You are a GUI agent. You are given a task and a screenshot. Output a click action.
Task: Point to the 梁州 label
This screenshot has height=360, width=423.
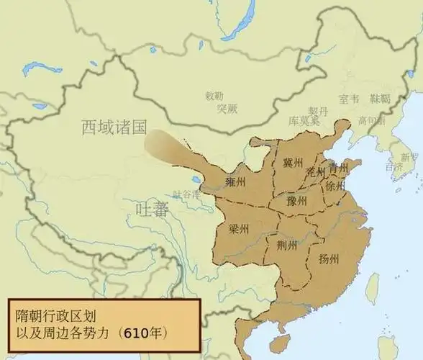(x=239, y=229)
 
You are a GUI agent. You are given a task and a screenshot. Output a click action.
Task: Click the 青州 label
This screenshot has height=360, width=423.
(x=338, y=168)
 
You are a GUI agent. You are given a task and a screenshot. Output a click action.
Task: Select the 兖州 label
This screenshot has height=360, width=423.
(x=316, y=172)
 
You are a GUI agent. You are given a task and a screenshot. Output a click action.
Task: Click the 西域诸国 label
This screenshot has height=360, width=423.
(x=114, y=127)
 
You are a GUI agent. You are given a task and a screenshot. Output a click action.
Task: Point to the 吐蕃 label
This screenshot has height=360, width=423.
(x=152, y=210)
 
